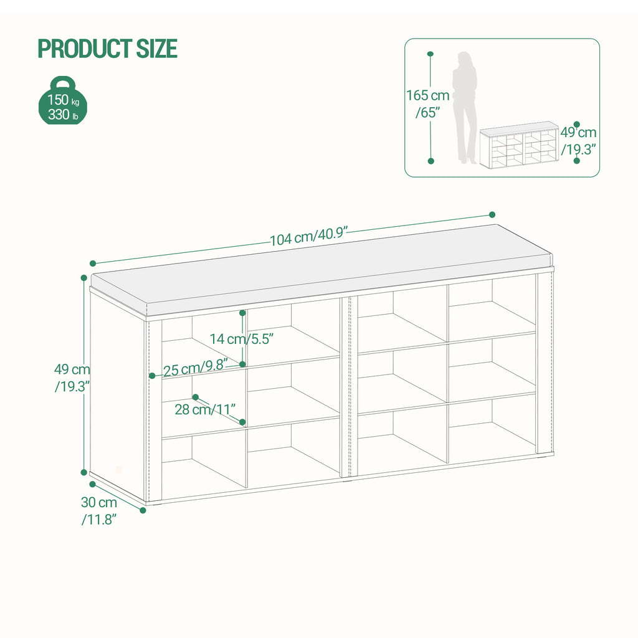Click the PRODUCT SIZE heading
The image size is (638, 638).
pyautogui.click(x=107, y=49)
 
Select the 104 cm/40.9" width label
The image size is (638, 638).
pyautogui.click(x=308, y=237)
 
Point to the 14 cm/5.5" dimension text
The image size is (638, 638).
pyautogui.click(x=242, y=338)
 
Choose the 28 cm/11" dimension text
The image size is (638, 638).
pyautogui.click(x=205, y=410)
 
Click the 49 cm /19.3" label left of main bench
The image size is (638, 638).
pyautogui.click(x=72, y=378)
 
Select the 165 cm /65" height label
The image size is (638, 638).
pyautogui.click(x=427, y=103)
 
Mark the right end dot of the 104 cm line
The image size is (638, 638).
pyautogui.click(x=492, y=214)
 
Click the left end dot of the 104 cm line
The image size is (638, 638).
pyautogui.click(x=93, y=263)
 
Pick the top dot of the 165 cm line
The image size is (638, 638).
pyautogui.click(x=430, y=54)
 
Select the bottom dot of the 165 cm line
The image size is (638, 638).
pyautogui.click(x=430, y=161)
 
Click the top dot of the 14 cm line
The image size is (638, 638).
pyautogui.click(x=242, y=313)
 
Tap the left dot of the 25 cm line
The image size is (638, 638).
pyautogui.click(x=152, y=376)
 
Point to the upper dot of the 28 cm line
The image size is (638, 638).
pyautogui.click(x=196, y=396)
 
